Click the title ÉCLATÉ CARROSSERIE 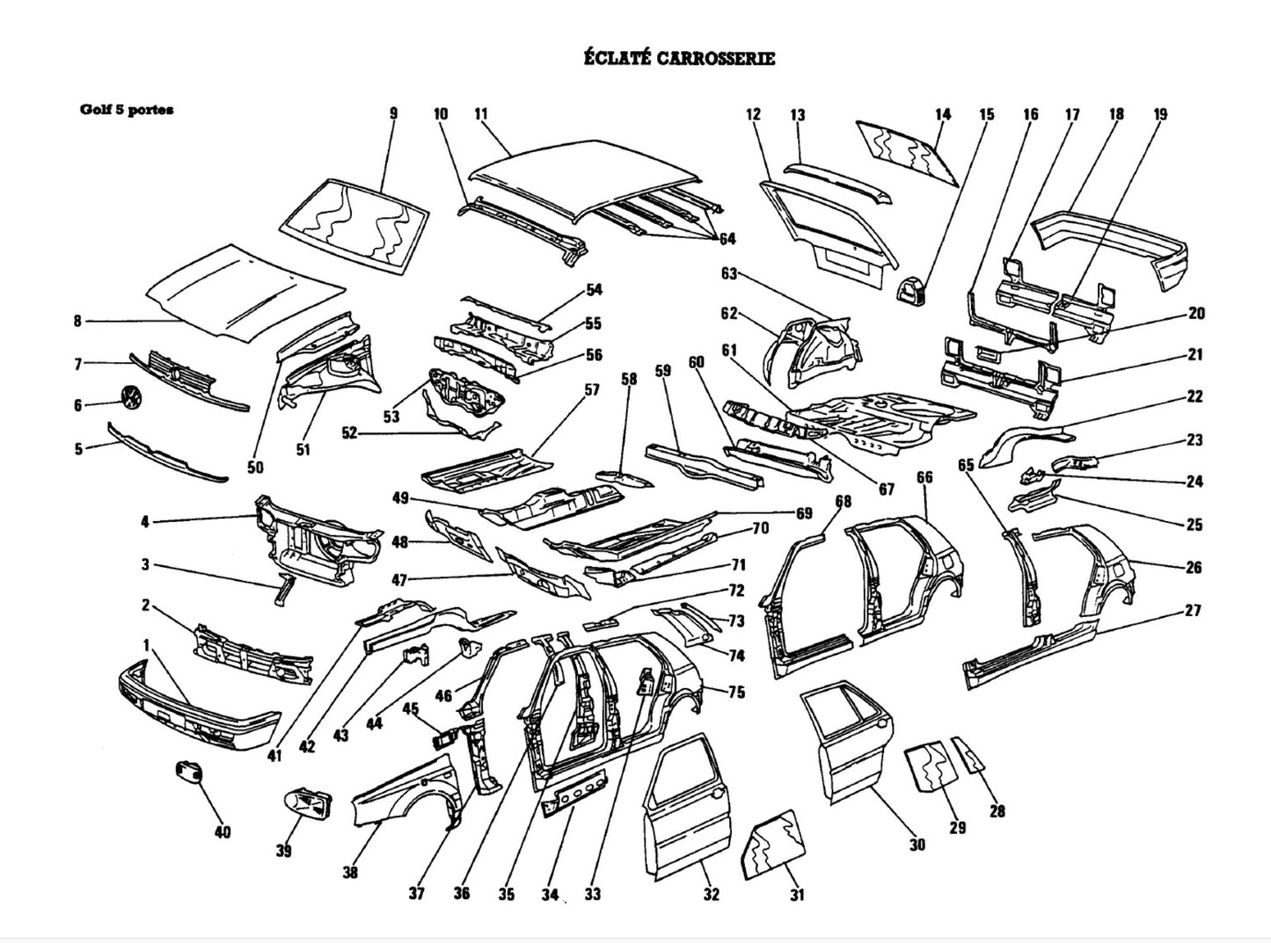click(x=679, y=59)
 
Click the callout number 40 click(x=223, y=831)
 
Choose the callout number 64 click(x=727, y=239)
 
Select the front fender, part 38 click(x=405, y=795)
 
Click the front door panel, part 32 click(x=690, y=804)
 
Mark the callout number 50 click(x=255, y=468)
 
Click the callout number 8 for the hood click(x=77, y=322)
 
